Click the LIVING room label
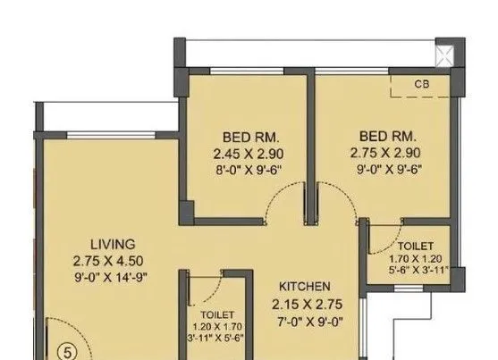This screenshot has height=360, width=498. pyautogui.click(x=112, y=244)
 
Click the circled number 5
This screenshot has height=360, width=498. pyautogui.click(x=64, y=350)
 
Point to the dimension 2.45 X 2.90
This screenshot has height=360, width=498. pyautogui.click(x=241, y=153)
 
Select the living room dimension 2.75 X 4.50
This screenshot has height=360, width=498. pyautogui.click(x=112, y=261)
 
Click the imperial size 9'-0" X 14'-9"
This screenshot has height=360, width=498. pyautogui.click(x=112, y=278)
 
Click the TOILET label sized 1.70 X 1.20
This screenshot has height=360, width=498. pyautogui.click(x=416, y=245)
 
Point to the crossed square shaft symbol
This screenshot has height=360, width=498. pyautogui.click(x=444, y=54)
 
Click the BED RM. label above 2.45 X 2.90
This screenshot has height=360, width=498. pyautogui.click(x=241, y=137)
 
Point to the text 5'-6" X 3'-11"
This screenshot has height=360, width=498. pyautogui.click(x=416, y=268)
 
